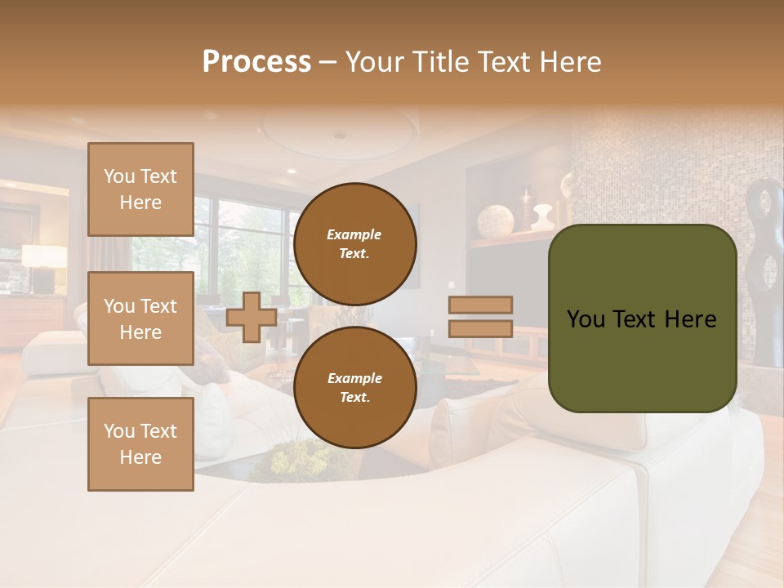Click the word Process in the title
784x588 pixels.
pos(256,62)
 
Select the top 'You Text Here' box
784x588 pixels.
pos(140,189)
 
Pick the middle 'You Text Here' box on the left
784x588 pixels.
pos(140,318)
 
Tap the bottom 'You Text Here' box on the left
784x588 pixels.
pos(140,444)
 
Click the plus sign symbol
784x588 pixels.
pos(252,318)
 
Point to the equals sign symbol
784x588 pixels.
pos(480,317)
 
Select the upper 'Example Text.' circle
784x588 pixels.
pos(354,244)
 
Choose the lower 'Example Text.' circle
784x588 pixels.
pos(354,388)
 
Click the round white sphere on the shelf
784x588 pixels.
pos(495,221)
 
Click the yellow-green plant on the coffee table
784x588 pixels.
pos(299,460)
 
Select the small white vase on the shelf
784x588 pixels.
pos(541,217)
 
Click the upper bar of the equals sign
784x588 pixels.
pos(480,305)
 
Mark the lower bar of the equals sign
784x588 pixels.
pos(480,329)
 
